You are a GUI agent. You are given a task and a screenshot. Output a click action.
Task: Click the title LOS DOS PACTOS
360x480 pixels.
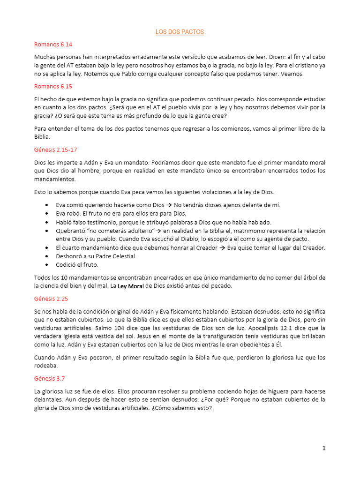[x=180, y=32]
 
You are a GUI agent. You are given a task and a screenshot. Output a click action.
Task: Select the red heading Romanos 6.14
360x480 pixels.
[x=53, y=45]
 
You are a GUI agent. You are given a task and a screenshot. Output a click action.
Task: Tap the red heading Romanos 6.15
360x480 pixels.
[x=53, y=86]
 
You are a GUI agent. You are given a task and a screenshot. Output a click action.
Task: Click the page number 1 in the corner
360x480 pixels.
[x=323, y=448]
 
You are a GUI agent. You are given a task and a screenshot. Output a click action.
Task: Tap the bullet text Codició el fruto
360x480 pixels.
[x=77, y=264]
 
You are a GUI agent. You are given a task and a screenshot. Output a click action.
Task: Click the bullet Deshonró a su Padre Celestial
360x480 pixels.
[x=96, y=256]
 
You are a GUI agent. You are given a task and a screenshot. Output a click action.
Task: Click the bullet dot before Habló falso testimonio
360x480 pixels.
[x=47, y=222]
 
